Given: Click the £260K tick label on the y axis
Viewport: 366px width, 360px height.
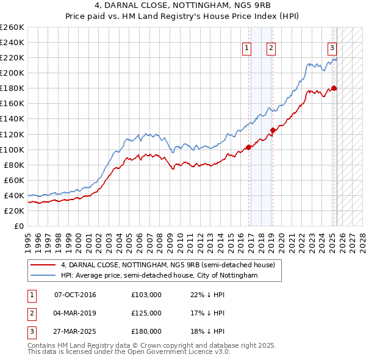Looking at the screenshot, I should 12,27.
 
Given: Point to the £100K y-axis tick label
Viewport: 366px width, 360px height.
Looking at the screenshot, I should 12,149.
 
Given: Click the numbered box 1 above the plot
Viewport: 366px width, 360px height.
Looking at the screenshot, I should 246,48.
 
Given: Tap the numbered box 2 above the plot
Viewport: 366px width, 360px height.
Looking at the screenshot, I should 270,48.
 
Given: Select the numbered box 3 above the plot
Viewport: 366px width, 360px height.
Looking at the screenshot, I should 332,48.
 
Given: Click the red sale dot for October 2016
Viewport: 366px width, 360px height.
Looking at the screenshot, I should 249,147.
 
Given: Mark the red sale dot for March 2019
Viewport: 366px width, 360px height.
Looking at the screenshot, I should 273,130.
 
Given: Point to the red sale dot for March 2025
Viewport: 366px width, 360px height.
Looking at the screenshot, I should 334,88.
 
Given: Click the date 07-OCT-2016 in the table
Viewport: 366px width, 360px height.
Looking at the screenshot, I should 75,295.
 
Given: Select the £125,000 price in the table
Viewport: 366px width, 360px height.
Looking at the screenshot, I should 146,313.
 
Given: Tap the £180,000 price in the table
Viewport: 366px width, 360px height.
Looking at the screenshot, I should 146,331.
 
